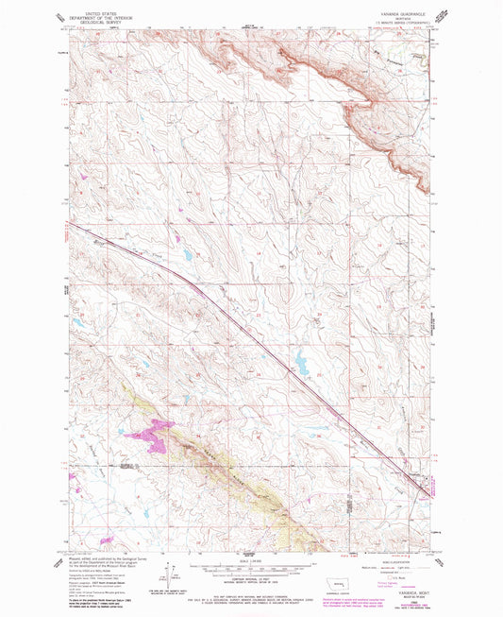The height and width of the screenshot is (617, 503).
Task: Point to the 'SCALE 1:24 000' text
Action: coord(249,560)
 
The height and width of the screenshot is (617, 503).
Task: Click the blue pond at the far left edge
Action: coord(80,324)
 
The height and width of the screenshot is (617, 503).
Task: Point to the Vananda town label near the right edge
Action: coord(415,477)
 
